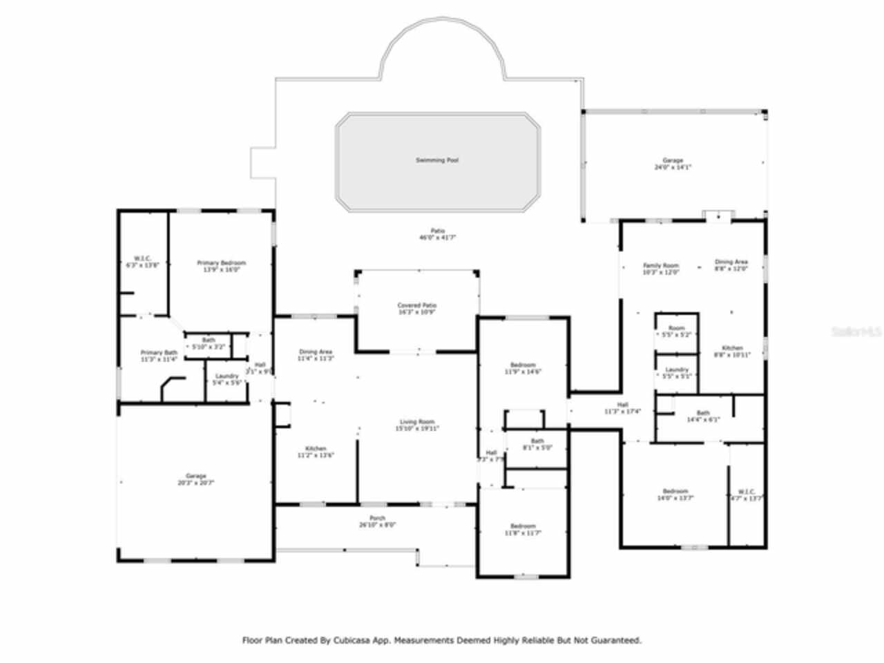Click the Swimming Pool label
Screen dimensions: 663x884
[436, 160]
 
